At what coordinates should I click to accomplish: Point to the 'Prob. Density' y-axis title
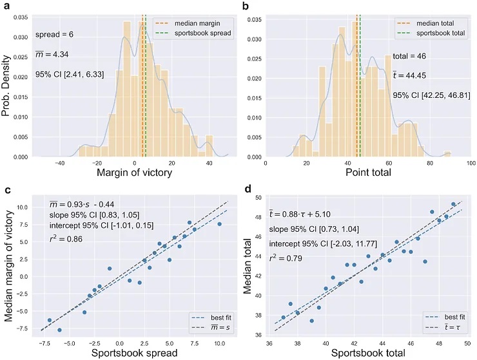pyautogui.click(x=8, y=84)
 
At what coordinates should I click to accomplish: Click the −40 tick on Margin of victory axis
pyautogui.click(x=59, y=164)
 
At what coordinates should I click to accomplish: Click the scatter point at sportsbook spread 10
pyautogui.click(x=219, y=224)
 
